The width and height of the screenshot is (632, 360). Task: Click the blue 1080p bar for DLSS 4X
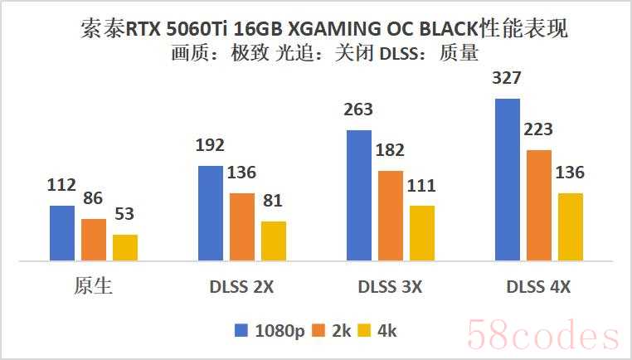point(507,179)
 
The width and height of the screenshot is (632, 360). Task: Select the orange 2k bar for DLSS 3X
point(391,216)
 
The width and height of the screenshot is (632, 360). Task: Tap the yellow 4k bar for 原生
point(125,247)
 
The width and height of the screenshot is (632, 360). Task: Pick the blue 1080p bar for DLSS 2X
point(211,213)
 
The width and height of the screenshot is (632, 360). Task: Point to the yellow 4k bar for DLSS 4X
point(570,226)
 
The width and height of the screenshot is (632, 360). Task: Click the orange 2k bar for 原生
point(94,240)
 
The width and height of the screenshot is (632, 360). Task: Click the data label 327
point(507,80)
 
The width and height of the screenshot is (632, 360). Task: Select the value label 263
point(358,110)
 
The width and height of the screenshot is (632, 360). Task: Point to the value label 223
point(538,129)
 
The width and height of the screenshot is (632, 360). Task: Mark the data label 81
point(273,201)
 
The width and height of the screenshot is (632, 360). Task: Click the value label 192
point(211,146)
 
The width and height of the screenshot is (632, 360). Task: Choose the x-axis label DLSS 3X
point(391,287)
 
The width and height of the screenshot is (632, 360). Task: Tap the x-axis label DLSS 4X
point(538,287)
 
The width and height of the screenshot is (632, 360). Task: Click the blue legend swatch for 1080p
point(241,330)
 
